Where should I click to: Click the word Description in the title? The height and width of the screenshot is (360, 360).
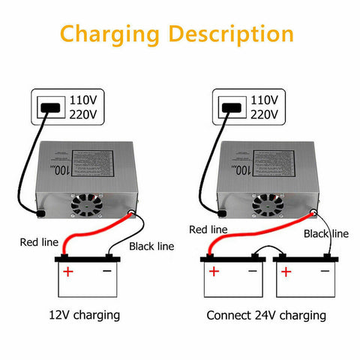(232, 34)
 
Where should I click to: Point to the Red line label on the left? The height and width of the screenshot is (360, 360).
(37, 241)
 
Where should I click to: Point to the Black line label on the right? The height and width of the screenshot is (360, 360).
(325, 234)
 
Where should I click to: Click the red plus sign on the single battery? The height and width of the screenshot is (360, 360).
(68, 271)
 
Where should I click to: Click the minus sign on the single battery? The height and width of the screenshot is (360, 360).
(108, 271)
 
